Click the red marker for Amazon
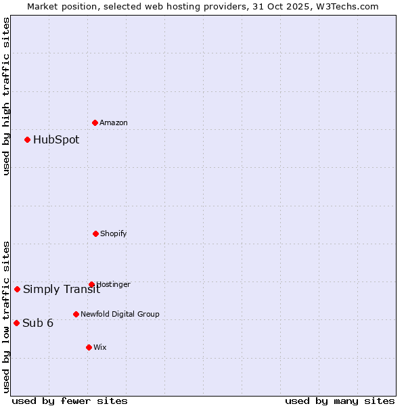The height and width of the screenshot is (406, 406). (x=95, y=122)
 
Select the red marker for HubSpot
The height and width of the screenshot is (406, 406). (x=27, y=139)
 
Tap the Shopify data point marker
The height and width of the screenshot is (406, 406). (x=95, y=233)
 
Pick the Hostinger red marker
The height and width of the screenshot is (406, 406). (x=91, y=284)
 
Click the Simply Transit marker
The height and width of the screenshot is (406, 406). (x=17, y=289)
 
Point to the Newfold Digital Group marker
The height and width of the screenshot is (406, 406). (x=76, y=314)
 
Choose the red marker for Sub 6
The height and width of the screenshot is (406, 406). (x=16, y=323)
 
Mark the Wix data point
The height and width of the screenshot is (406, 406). (x=89, y=347)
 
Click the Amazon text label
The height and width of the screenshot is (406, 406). (x=114, y=122)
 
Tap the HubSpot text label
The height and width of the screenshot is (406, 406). (x=56, y=140)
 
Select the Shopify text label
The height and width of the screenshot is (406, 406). (x=114, y=233)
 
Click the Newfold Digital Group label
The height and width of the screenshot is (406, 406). (x=120, y=314)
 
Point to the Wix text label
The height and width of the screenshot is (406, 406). (x=100, y=347)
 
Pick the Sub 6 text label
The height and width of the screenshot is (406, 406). (x=38, y=323)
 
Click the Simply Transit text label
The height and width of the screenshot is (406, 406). (x=61, y=290)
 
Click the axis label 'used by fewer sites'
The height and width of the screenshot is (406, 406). (x=70, y=401)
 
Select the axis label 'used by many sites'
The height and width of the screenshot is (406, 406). (x=340, y=401)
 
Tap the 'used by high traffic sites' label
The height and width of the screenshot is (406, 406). (x=6, y=96)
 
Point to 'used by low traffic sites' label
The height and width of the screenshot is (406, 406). (x=6, y=317)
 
